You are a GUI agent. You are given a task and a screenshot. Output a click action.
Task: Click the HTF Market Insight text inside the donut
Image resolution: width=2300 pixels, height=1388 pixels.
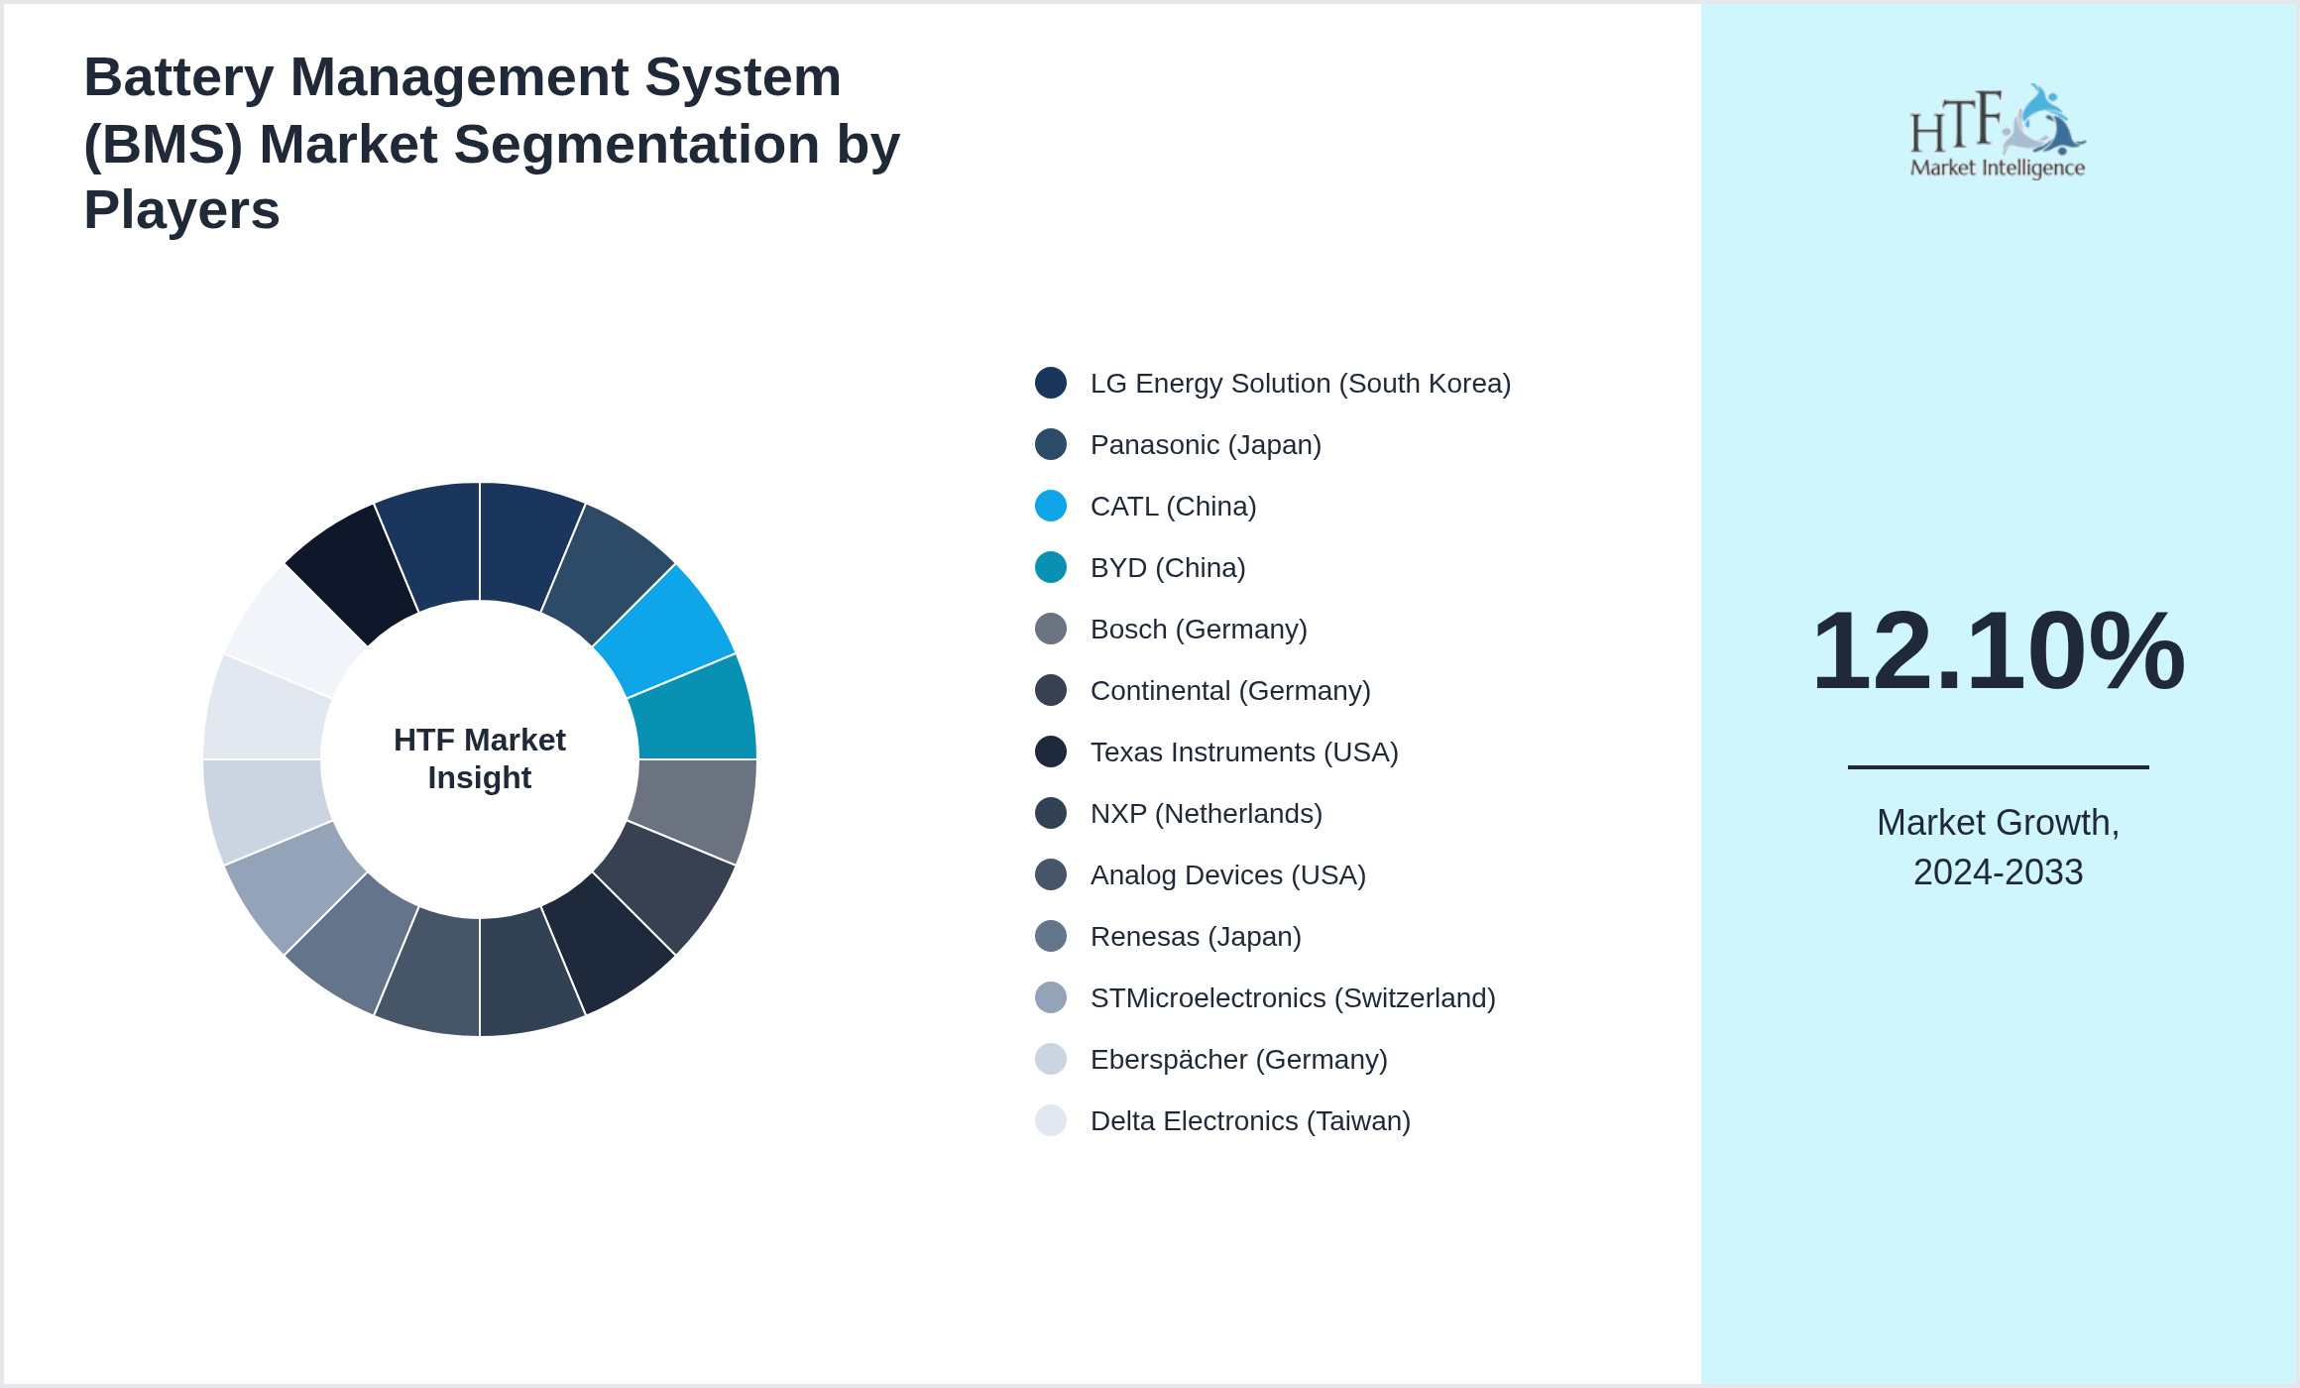click(x=480, y=758)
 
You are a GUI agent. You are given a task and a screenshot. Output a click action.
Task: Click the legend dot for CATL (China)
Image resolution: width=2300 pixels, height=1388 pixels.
click(x=1051, y=506)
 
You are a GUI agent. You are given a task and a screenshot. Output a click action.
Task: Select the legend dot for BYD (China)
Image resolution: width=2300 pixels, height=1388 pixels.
click(x=1051, y=567)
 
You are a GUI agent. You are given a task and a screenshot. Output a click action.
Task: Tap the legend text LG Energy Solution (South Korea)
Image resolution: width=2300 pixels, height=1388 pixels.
click(x=1300, y=384)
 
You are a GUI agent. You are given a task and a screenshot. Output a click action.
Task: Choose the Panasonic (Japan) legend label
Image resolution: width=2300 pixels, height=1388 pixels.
click(x=1206, y=445)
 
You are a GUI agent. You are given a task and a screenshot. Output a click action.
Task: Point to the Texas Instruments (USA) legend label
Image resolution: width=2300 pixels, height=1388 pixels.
click(x=1244, y=752)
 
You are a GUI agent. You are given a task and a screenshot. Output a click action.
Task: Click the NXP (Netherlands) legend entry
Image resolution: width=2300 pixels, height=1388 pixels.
click(x=1206, y=814)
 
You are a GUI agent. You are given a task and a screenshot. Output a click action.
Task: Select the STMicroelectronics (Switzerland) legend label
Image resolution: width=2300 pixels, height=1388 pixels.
click(x=1293, y=998)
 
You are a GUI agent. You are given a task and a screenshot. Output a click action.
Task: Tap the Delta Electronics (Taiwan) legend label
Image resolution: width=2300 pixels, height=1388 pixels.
click(x=1250, y=1121)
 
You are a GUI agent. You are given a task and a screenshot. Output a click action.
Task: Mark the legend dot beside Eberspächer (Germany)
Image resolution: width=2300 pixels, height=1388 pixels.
click(x=1051, y=1059)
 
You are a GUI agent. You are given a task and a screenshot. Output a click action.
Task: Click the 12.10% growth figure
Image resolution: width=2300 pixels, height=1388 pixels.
click(x=1998, y=651)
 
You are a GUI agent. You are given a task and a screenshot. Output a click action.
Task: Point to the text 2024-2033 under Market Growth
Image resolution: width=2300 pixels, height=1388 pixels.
click(x=1998, y=872)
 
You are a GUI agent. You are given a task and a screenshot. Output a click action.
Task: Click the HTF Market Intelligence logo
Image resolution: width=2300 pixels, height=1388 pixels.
click(x=1998, y=132)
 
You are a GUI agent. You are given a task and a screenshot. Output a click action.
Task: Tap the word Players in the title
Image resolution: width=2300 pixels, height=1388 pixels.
click(x=181, y=210)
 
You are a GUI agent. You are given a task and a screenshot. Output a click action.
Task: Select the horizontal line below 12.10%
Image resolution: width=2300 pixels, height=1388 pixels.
click(x=1998, y=766)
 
